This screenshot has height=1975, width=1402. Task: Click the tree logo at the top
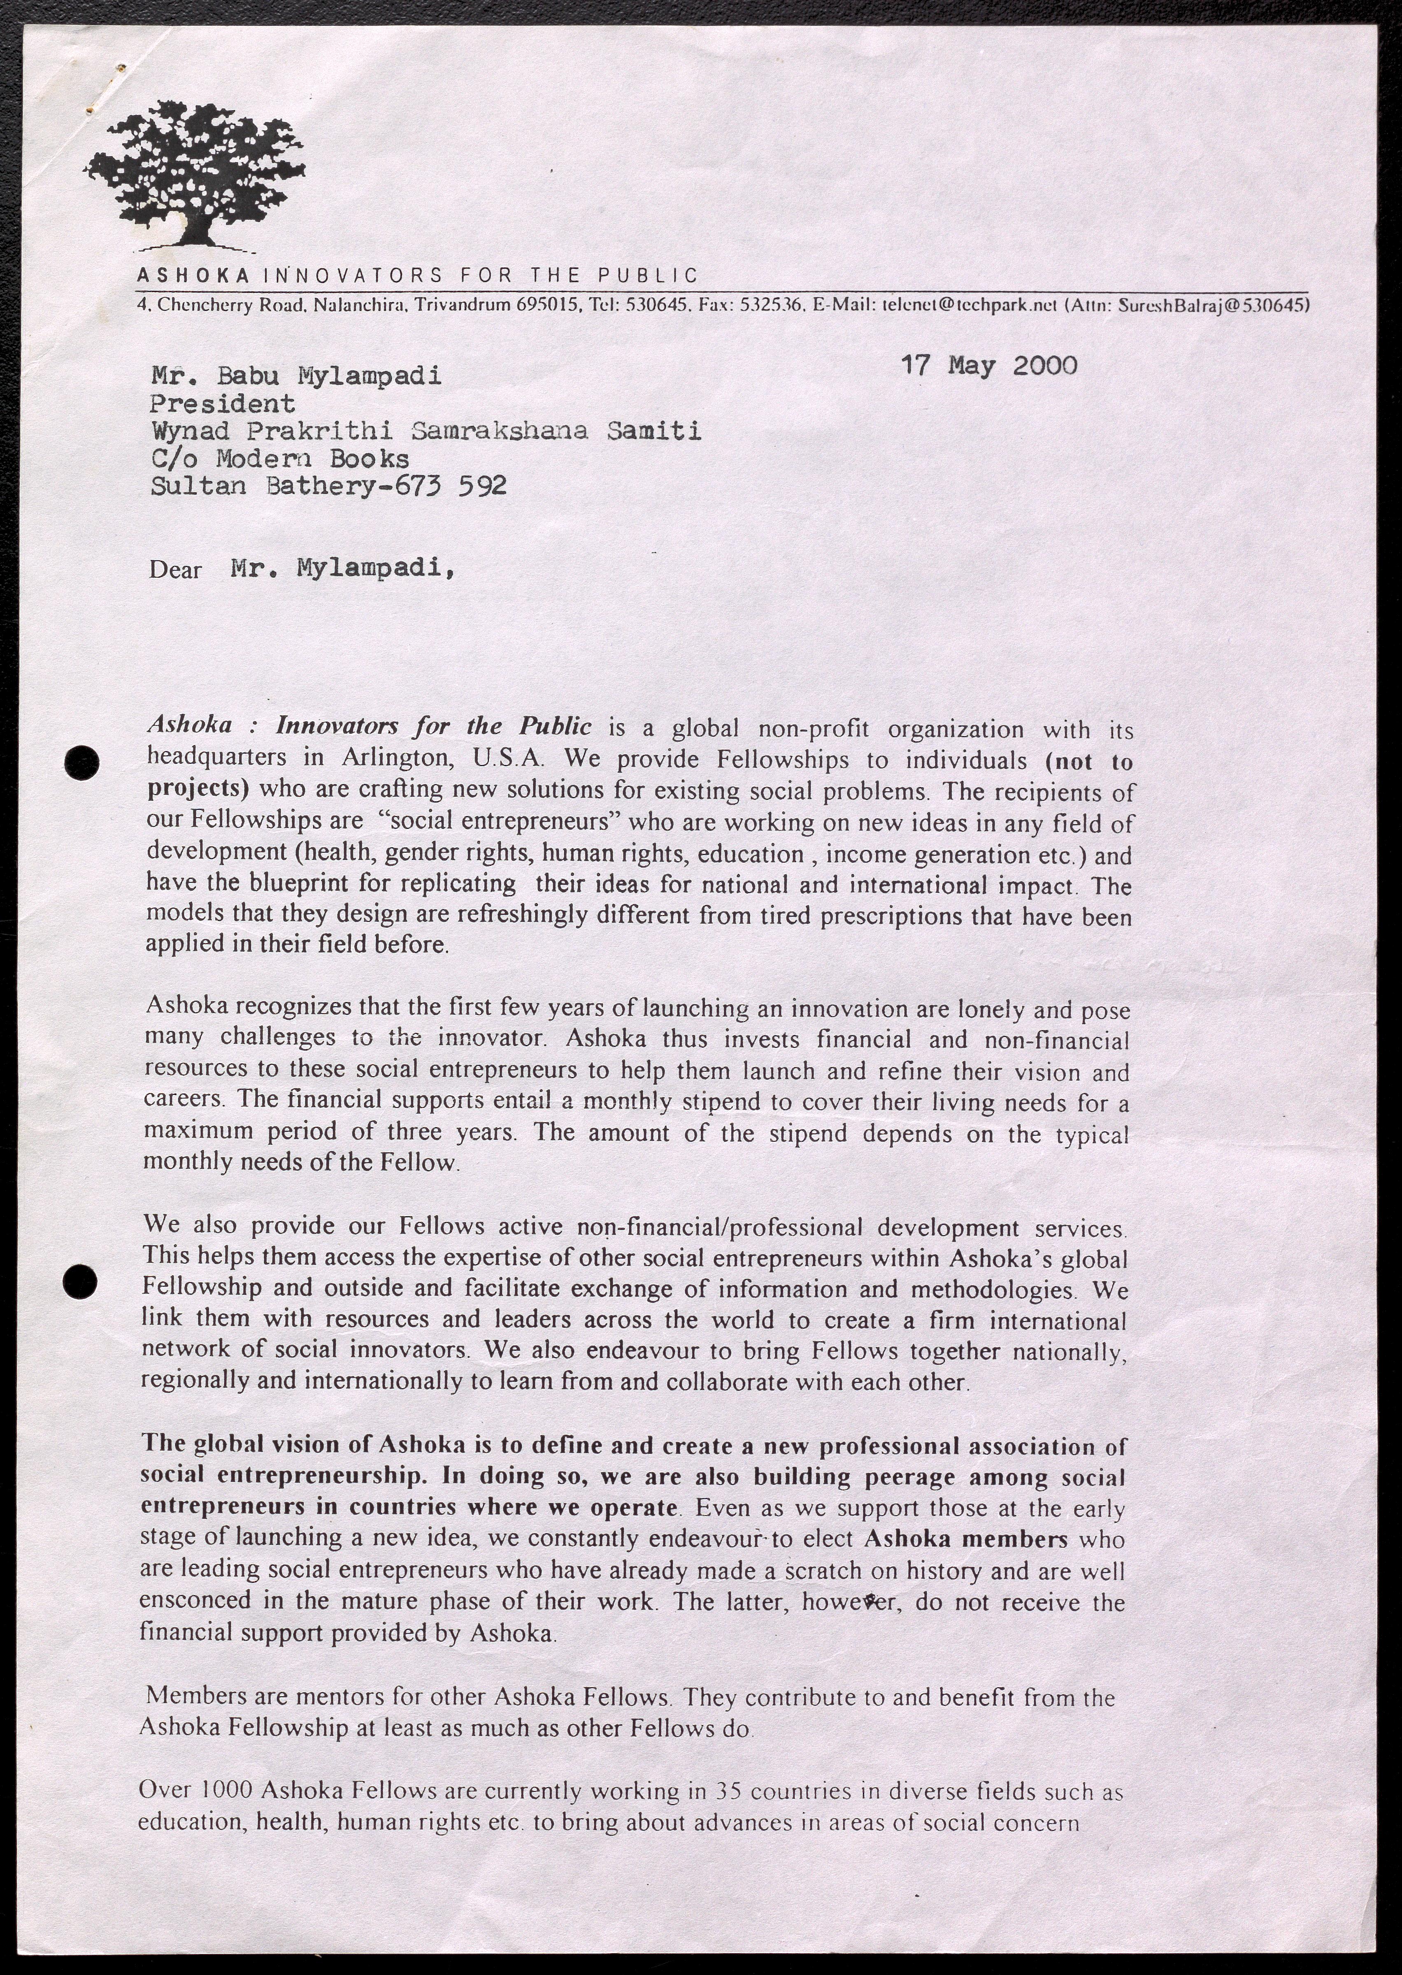click(x=195, y=173)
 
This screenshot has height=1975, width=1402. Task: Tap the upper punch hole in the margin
click(x=84, y=762)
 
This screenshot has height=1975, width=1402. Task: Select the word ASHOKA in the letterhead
click(x=193, y=276)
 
